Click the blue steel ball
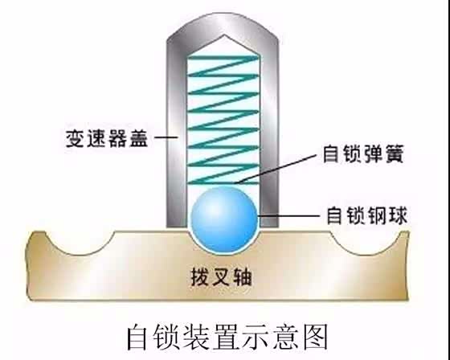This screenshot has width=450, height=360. click(224, 216)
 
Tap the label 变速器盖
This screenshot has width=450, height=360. click(113, 137)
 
